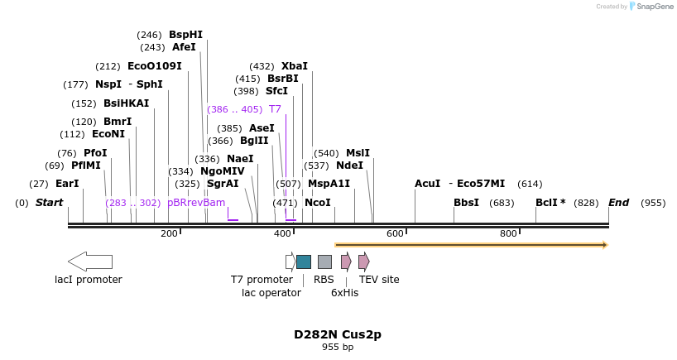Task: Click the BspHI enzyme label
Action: pos(185,35)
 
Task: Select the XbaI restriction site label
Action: pos(294,66)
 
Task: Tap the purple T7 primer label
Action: pos(275,109)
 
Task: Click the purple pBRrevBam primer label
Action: pos(196,203)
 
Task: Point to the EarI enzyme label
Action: pos(67,184)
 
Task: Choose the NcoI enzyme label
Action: pos(317,203)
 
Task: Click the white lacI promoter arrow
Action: pos(89,262)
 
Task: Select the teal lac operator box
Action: pos(304,262)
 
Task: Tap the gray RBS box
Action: pos(324,262)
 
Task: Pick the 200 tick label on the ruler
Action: pos(169,234)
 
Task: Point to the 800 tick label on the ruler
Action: pos(508,234)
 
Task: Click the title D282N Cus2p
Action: pos(338,335)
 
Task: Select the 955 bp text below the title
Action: pos(338,348)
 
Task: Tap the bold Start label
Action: pos(49,203)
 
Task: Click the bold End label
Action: pos(618,203)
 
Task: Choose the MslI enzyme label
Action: pos(358,153)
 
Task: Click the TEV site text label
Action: pos(379,280)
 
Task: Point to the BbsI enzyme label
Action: pos(466,203)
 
